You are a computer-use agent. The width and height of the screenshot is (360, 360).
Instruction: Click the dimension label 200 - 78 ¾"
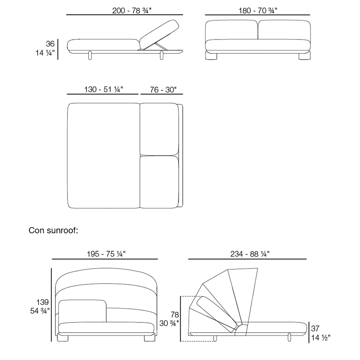point(132,11)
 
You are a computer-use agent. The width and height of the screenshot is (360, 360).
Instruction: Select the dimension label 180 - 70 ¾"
point(258,11)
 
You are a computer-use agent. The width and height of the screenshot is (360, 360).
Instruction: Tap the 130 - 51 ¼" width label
point(104,89)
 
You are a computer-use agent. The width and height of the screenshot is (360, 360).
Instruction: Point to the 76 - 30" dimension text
point(163,90)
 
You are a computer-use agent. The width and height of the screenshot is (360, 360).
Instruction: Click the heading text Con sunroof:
point(53,230)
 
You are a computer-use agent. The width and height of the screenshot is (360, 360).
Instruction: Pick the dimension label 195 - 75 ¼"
point(106,254)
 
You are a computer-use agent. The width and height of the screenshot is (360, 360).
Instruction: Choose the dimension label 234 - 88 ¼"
point(250,254)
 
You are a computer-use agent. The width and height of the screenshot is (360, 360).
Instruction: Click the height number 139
point(42,302)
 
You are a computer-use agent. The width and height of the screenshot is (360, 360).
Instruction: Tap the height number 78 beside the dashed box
point(175,315)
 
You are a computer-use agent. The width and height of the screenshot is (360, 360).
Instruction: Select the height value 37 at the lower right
point(315,329)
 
